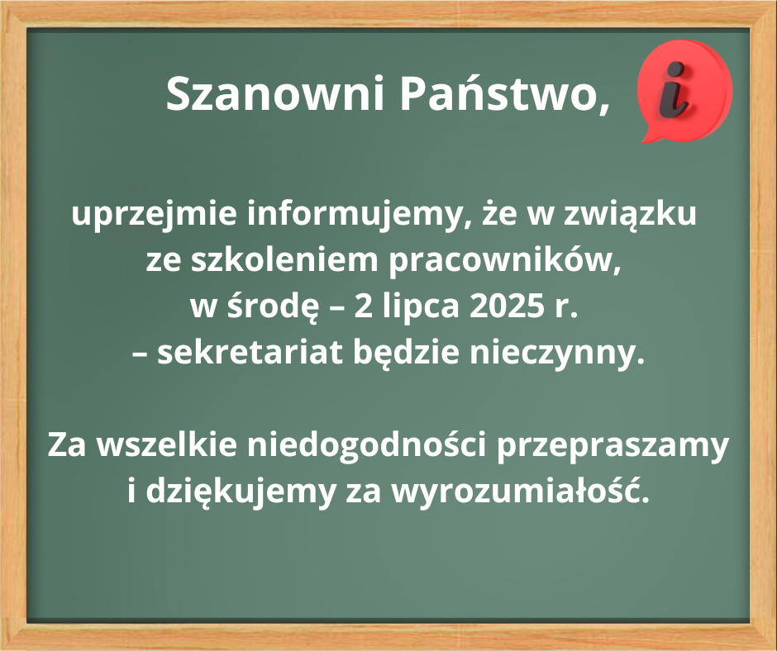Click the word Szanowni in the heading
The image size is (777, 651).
(275, 93)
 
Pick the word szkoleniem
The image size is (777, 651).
(284, 260)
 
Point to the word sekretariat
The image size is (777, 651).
(250, 352)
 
